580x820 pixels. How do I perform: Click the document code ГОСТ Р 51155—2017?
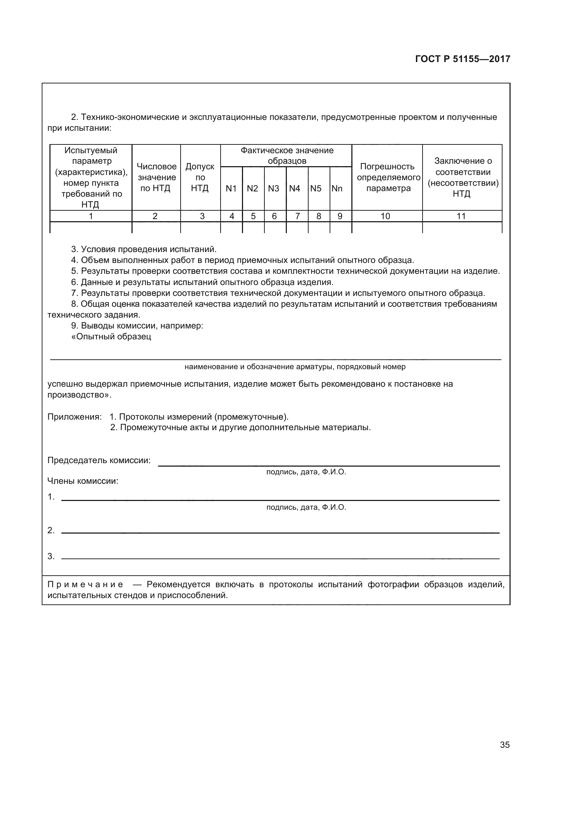[463, 59]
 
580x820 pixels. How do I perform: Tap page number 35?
[505, 745]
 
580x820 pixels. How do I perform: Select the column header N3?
[274, 188]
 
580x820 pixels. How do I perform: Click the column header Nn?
[337, 188]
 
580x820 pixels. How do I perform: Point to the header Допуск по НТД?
[200, 177]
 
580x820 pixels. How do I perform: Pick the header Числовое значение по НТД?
[156, 177]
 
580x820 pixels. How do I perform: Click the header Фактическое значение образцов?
[287, 155]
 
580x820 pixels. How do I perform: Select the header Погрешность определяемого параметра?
[388, 177]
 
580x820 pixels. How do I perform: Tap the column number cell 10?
[385, 216]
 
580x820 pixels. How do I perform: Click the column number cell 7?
[297, 216]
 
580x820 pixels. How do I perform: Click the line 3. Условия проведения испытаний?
[144, 249]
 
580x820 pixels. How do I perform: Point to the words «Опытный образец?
[111, 337]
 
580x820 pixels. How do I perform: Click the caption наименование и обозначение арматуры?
[295, 367]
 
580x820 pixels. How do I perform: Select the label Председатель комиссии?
[99, 460]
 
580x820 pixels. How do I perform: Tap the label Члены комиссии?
[83, 481]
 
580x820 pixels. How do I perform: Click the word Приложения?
[74, 417]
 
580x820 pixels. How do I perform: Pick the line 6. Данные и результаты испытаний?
[202, 282]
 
